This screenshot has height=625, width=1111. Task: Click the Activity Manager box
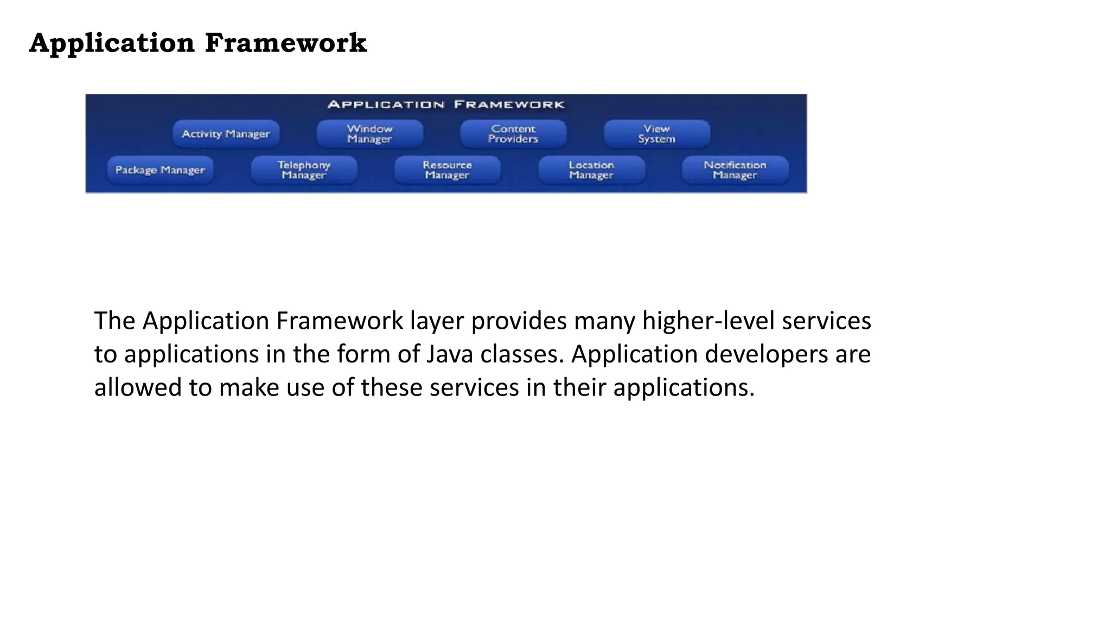click(x=226, y=134)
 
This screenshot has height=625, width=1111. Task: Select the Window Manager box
click(x=369, y=134)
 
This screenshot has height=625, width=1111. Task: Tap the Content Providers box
click(x=513, y=134)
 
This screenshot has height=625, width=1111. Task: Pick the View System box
click(x=657, y=134)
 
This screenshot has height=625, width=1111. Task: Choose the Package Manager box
click(x=160, y=170)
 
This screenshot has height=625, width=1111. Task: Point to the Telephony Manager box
click(x=304, y=170)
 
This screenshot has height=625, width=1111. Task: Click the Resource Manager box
click(x=447, y=170)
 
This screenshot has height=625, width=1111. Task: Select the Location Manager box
click(x=591, y=170)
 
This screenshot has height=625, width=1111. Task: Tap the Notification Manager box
click(x=735, y=170)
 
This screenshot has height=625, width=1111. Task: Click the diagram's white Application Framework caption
click(x=446, y=105)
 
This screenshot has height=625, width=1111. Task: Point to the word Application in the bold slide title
click(x=112, y=43)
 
